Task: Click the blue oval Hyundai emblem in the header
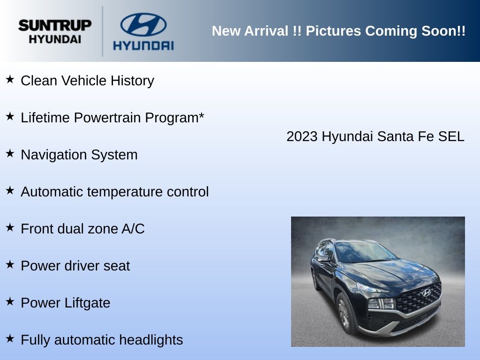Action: click(143, 24)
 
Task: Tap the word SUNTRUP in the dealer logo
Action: click(55, 25)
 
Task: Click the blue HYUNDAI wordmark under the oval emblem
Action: click(143, 45)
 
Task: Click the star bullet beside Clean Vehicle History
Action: click(10, 79)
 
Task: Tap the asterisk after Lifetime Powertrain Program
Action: click(201, 115)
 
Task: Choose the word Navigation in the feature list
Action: click(54, 155)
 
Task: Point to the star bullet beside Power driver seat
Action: click(10, 264)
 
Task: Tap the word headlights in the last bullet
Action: click(151, 340)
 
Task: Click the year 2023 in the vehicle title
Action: click(302, 136)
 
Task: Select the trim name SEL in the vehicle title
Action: click(451, 136)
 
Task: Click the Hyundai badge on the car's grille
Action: click(426, 293)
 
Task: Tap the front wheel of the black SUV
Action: click(345, 314)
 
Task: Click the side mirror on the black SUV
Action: click(323, 259)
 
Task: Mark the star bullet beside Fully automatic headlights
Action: click(10, 338)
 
